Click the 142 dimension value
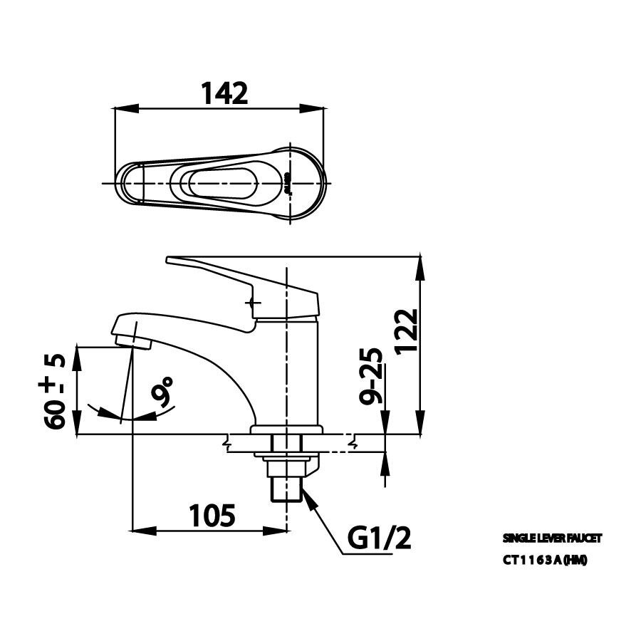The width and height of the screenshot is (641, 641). point(224,93)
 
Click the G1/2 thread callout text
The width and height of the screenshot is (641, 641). point(380,539)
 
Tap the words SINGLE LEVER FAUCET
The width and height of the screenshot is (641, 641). point(546,539)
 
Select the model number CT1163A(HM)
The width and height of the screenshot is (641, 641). point(545,560)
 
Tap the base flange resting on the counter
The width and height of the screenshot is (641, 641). point(286,430)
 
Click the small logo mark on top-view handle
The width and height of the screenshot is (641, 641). point(288,182)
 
